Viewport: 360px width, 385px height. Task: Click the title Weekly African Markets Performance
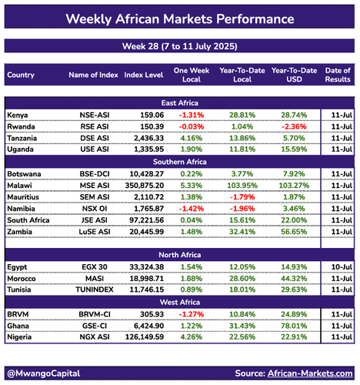pyautogui.click(x=180, y=19)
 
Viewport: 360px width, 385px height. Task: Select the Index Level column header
pyautogui.click(x=144, y=75)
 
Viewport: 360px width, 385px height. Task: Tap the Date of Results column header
pyautogui.click(x=338, y=75)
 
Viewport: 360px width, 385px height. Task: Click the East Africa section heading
pyautogui.click(x=180, y=103)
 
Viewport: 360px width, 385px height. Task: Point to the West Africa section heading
pyautogui.click(x=180, y=302)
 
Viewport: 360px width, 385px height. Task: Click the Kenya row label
pyautogui.click(x=18, y=115)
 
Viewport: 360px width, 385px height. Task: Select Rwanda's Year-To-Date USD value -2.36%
pyautogui.click(x=294, y=126)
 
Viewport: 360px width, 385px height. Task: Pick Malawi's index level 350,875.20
pyautogui.click(x=145, y=186)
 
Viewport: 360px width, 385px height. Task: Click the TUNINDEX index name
pyautogui.click(x=95, y=290)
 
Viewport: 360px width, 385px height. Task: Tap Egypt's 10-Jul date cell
pyautogui.click(x=342, y=267)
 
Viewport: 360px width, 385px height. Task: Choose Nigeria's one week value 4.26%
pyautogui.click(x=192, y=336)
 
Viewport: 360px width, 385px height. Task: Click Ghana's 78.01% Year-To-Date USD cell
pyautogui.click(x=294, y=326)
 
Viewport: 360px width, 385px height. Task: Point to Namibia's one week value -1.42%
pyautogui.click(x=192, y=209)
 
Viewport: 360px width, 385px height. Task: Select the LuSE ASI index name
pyautogui.click(x=95, y=232)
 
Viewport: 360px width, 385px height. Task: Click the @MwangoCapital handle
pyautogui.click(x=44, y=373)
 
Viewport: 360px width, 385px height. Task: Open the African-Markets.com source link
pyautogui.click(x=310, y=373)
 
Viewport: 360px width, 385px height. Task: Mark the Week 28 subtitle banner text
pyautogui.click(x=180, y=46)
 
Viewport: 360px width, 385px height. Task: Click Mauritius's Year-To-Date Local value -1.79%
pyautogui.click(x=242, y=197)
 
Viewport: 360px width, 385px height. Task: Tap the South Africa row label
pyautogui.click(x=28, y=220)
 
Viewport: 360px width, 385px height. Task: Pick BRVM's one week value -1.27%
pyautogui.click(x=192, y=314)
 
